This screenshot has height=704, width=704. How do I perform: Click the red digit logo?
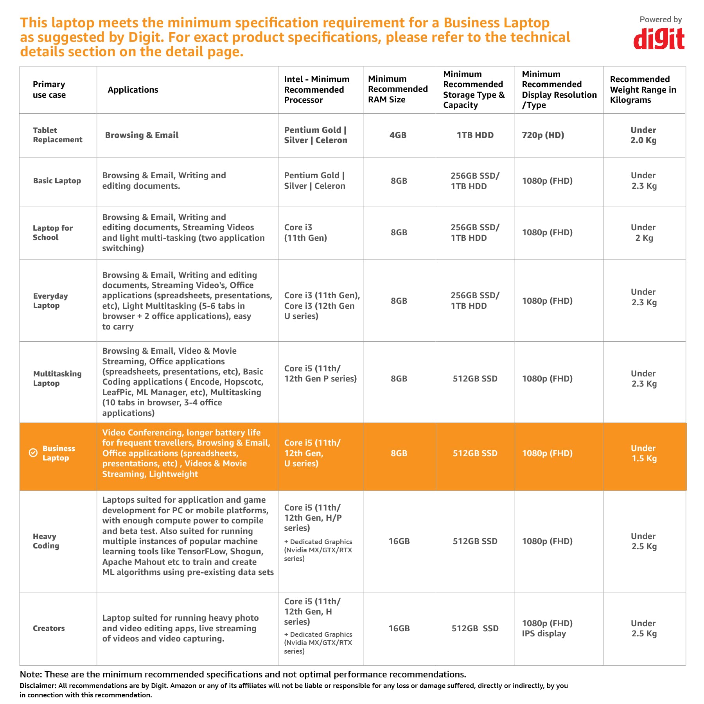[x=659, y=39]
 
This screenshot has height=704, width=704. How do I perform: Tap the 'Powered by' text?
[x=661, y=20]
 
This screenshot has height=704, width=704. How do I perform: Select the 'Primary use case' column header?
[x=49, y=90]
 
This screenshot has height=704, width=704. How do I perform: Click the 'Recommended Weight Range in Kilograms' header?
[x=643, y=90]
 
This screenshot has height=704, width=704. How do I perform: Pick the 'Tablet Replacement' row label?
[x=57, y=135]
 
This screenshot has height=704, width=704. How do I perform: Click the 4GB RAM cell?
[x=398, y=135]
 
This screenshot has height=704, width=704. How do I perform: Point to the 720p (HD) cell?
[x=543, y=135]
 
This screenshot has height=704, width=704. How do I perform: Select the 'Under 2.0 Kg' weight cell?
[x=643, y=135]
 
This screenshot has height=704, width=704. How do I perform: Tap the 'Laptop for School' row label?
[x=53, y=233]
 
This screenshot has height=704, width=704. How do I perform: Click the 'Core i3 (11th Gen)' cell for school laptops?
[x=305, y=233]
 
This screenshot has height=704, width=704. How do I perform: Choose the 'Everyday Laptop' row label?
[x=50, y=301]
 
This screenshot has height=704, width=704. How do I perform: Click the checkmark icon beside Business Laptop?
[x=34, y=453]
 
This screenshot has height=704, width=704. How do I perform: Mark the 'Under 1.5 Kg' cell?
[x=644, y=453]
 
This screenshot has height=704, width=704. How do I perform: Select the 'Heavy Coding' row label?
[x=46, y=541]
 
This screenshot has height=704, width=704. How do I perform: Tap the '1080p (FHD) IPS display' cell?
[x=547, y=628]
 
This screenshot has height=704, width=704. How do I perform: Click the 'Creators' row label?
[x=49, y=628]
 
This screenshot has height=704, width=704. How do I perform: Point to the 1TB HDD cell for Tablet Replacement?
[x=475, y=135]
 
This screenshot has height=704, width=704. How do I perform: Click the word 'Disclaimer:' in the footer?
[x=38, y=686]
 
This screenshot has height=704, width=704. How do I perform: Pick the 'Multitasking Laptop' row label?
[x=57, y=378]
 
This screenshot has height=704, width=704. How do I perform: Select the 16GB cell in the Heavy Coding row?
[x=399, y=541]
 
